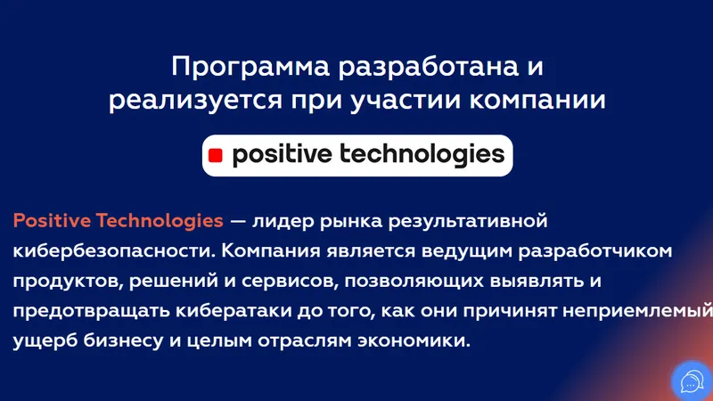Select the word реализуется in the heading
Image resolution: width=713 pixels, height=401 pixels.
click(195, 101)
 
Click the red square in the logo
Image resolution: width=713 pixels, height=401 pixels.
click(215, 156)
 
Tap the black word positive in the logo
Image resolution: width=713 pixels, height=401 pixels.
click(282, 154)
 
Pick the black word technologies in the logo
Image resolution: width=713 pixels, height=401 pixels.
click(422, 154)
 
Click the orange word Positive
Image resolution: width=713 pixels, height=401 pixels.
click(52, 221)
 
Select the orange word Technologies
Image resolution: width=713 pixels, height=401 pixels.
click(160, 222)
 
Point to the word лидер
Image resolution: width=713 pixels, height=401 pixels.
click(283, 222)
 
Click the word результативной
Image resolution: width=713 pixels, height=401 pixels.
click(468, 222)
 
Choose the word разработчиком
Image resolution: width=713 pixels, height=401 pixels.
click(595, 252)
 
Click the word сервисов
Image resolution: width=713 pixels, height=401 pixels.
click(289, 282)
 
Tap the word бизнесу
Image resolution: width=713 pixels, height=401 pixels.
click(123, 341)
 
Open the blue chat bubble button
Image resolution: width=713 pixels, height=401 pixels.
click(693, 381)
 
